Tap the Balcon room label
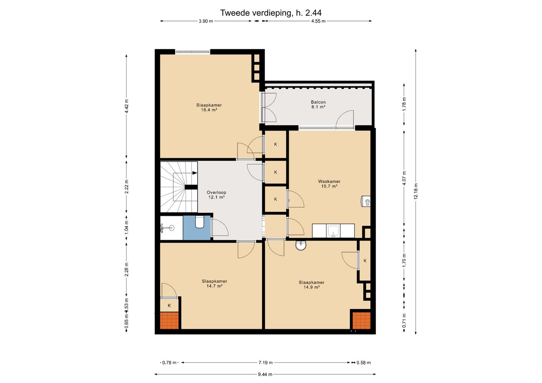(x=318, y=105)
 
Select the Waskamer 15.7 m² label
(x=329, y=184)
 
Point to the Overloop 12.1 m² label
(x=216, y=195)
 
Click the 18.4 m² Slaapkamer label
(x=209, y=108)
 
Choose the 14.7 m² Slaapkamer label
(x=215, y=284)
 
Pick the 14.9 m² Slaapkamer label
(x=311, y=285)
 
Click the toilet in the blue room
(x=199, y=222)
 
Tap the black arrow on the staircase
(x=195, y=173)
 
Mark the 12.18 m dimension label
(x=416, y=191)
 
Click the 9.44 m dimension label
(x=265, y=375)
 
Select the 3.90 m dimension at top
(x=206, y=21)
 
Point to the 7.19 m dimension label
(x=265, y=363)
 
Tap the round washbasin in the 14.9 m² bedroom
(x=301, y=245)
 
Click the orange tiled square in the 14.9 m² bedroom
(x=361, y=321)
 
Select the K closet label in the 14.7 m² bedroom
(x=169, y=305)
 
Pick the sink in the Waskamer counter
(x=333, y=231)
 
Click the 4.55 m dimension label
(x=318, y=21)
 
